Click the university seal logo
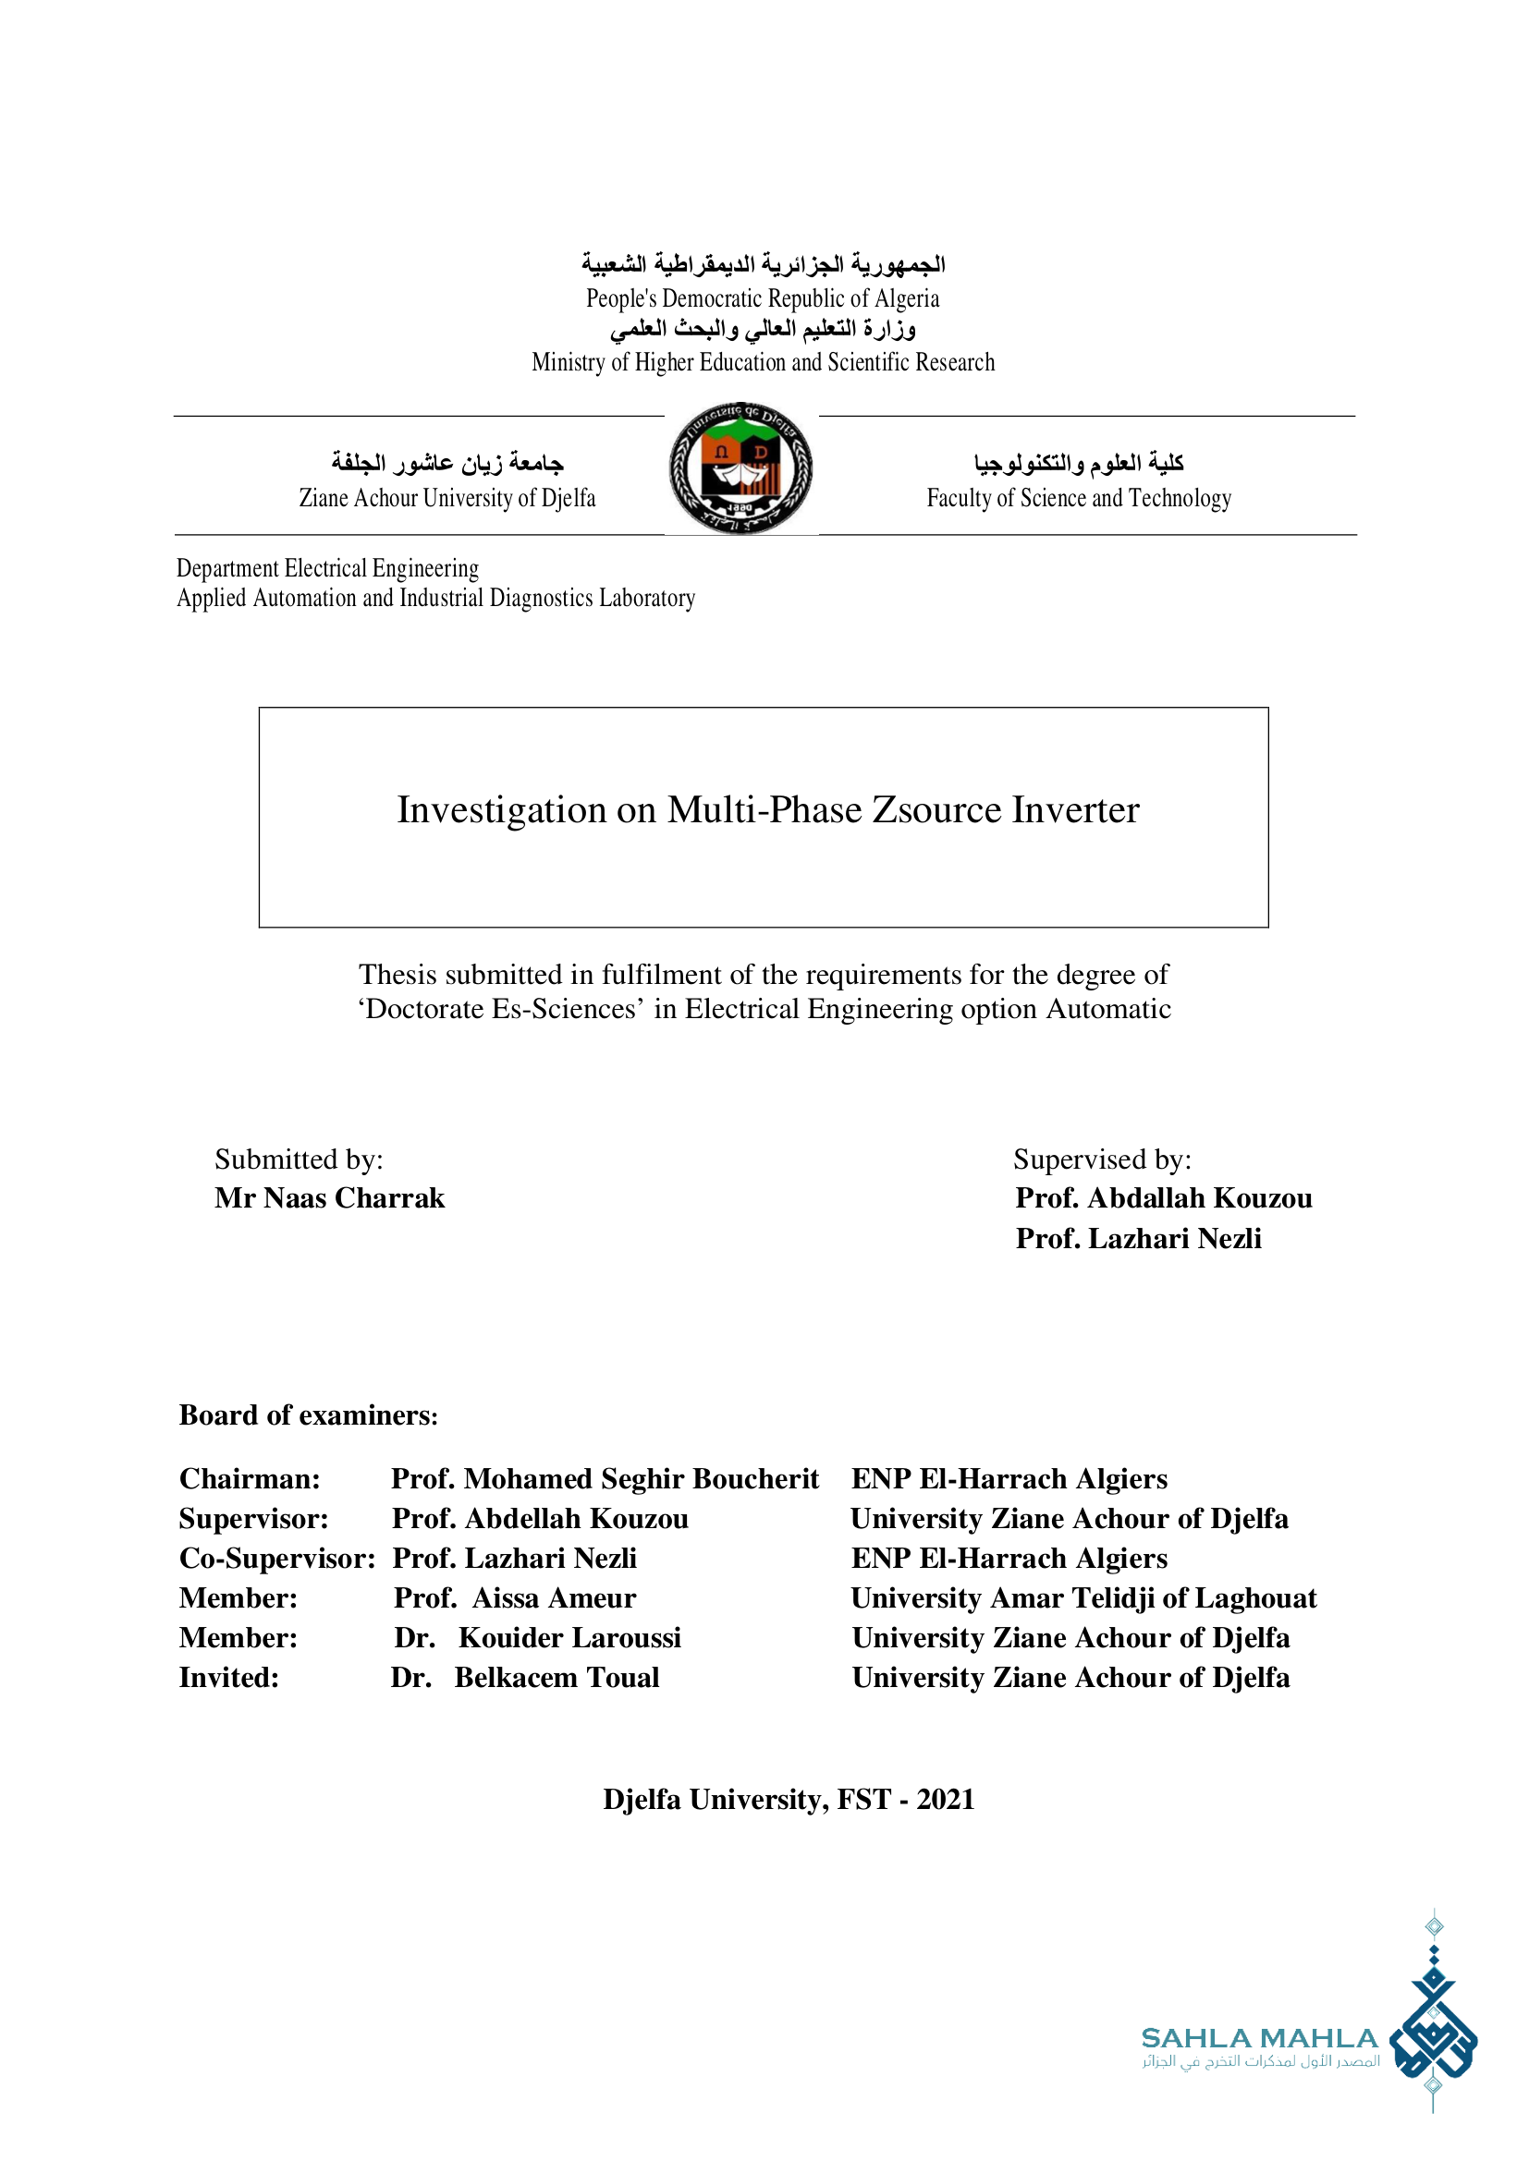click(741, 467)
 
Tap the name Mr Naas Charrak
click(329, 1198)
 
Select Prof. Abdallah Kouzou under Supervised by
click(1163, 1198)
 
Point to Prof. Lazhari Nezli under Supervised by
click(1137, 1239)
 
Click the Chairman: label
click(250, 1478)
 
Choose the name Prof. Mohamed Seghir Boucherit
click(605, 1478)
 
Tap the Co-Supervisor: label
click(276, 1558)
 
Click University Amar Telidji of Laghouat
click(1083, 1597)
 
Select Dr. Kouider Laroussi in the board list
click(538, 1638)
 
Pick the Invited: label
click(228, 1677)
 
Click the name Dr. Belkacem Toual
click(525, 1677)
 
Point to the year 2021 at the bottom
click(946, 1799)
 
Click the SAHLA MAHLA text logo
click(1259, 2039)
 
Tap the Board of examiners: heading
click(308, 1415)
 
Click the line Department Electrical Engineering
click(327, 568)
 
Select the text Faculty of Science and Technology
click(1079, 498)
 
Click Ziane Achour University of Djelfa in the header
click(447, 498)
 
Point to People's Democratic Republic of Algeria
click(763, 298)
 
